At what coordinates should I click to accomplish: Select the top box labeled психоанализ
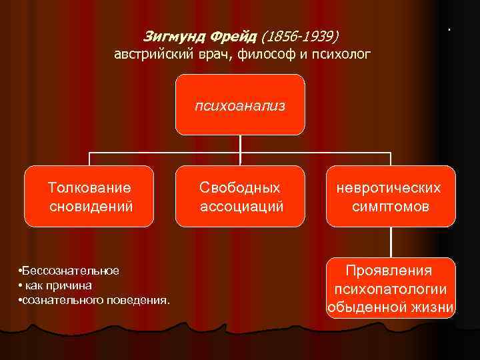click(240, 105)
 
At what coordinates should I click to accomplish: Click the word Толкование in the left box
click(90, 189)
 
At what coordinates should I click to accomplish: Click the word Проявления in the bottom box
click(389, 271)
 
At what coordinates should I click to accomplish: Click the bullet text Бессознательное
click(70, 270)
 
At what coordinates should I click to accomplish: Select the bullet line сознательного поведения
click(94, 300)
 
